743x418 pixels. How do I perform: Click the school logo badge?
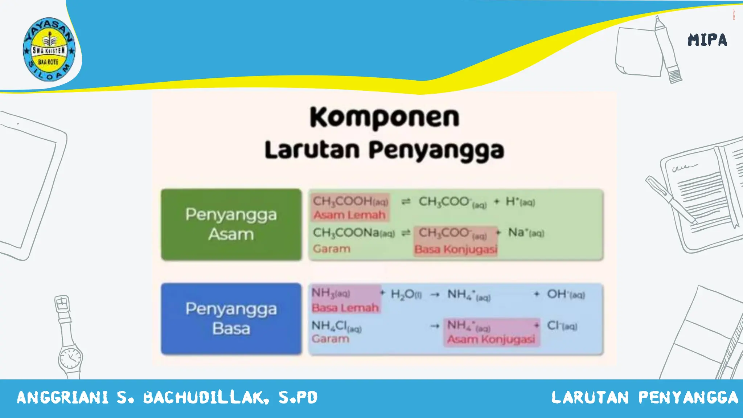click(x=49, y=49)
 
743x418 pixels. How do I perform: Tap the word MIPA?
click(x=707, y=40)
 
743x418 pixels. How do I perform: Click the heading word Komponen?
click(x=385, y=117)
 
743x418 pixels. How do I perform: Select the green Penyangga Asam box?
click(x=231, y=224)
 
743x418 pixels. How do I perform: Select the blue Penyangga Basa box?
click(x=231, y=319)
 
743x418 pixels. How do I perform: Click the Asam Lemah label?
click(x=349, y=215)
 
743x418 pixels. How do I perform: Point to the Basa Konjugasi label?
click(x=456, y=249)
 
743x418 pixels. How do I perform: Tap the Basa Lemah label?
click(x=345, y=308)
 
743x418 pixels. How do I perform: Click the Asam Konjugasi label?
click(x=491, y=339)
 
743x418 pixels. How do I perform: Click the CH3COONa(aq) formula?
click(x=354, y=233)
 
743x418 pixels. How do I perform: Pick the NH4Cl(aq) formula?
click(x=336, y=326)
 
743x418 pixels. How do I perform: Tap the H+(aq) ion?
click(x=520, y=202)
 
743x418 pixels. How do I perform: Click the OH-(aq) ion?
click(x=566, y=294)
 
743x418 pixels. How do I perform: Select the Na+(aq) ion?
click(x=526, y=233)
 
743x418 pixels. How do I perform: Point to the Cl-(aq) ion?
click(x=562, y=326)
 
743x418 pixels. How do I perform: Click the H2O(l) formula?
click(x=406, y=294)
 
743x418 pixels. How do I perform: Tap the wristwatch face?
click(x=70, y=358)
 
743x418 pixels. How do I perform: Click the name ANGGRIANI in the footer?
click(x=62, y=398)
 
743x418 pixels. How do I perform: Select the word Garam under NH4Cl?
click(x=330, y=339)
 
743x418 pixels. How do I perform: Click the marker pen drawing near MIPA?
click(x=668, y=49)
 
